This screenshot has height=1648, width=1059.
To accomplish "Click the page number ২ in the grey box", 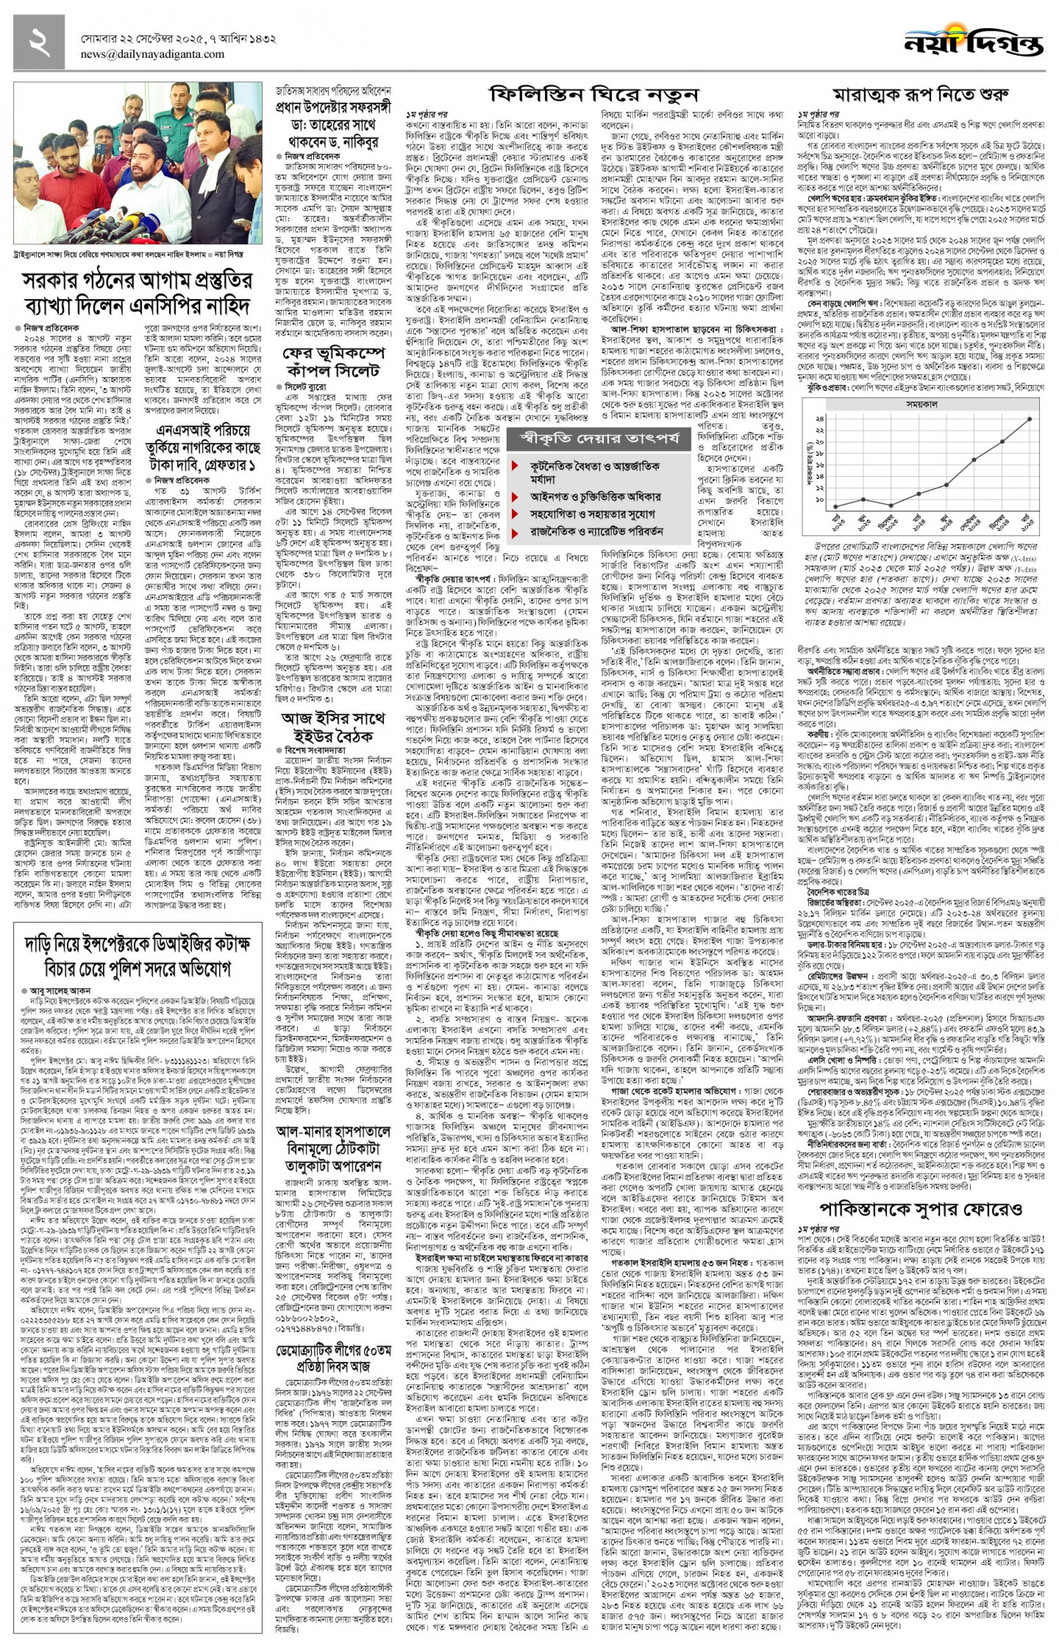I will click(x=39, y=43).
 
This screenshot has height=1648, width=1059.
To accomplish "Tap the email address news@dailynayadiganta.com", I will click(x=152, y=54).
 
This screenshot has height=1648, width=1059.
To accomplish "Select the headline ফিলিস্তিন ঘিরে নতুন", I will click(x=593, y=94).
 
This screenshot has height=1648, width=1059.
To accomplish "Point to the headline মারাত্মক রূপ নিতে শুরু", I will click(x=920, y=94).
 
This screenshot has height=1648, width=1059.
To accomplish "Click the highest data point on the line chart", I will click(x=1029, y=418).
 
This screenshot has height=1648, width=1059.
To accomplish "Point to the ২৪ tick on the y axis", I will click(x=819, y=418).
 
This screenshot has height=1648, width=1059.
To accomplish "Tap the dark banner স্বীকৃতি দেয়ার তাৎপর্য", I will click(x=598, y=438).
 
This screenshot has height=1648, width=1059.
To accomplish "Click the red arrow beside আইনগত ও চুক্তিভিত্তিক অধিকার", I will click(x=515, y=497).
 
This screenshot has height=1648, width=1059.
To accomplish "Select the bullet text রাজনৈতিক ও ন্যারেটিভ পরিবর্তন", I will click(x=596, y=531).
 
